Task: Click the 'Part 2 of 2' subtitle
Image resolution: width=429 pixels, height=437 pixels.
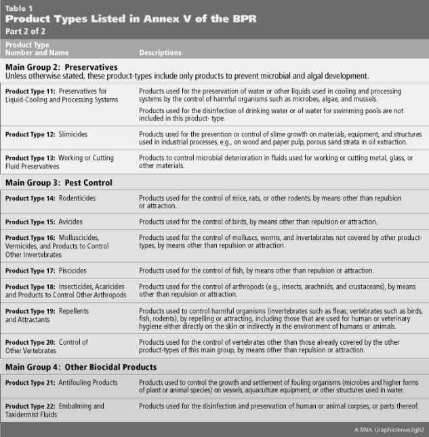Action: [25, 30]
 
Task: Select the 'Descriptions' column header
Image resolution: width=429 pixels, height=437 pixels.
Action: [160, 52]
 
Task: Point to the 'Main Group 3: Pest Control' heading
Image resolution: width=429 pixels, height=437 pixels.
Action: [59, 182]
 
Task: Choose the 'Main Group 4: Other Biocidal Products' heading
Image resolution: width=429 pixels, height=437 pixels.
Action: [81, 367]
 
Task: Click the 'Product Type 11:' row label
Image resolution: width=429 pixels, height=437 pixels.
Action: [30, 91]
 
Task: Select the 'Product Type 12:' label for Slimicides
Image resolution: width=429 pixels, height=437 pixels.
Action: [30, 134]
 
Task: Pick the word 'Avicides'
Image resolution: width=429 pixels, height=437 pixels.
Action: [72, 222]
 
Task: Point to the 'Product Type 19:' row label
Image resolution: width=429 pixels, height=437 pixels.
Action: [30, 310]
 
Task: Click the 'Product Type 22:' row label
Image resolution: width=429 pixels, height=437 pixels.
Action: [30, 406]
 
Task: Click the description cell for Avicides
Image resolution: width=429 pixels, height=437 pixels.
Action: [258, 222]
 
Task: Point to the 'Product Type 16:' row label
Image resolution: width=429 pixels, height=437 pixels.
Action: [30, 238]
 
